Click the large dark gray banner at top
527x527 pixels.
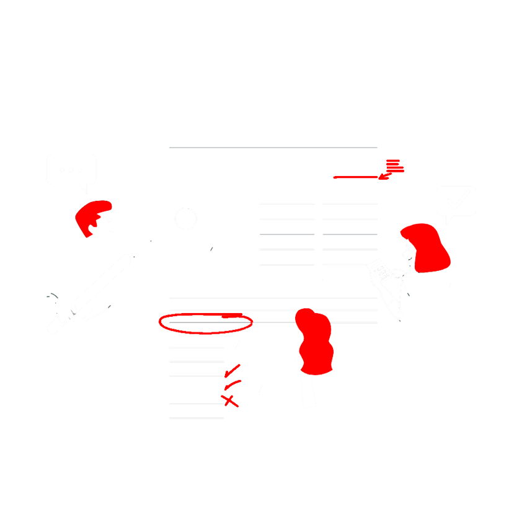273,123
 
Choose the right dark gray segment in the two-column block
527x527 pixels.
349,238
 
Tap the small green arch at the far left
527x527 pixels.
52,294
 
